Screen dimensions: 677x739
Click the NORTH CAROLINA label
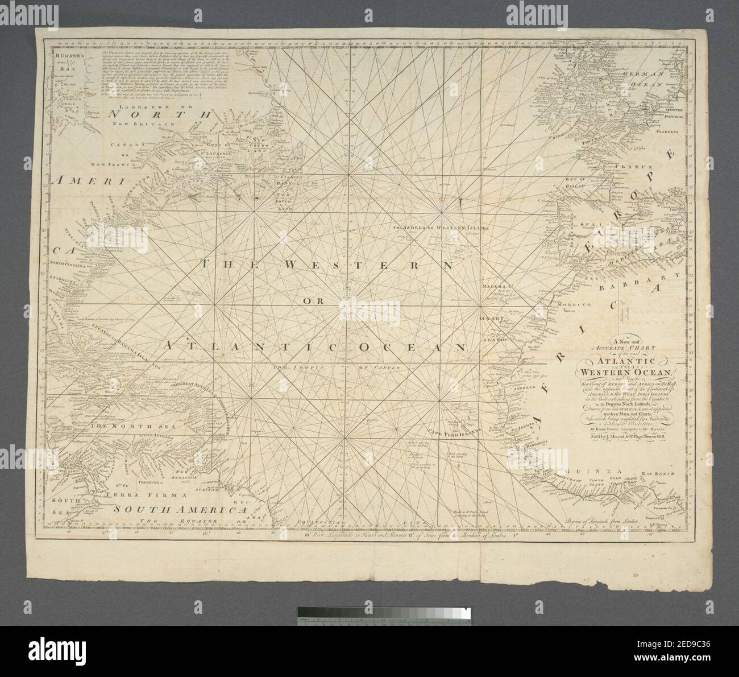70,265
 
